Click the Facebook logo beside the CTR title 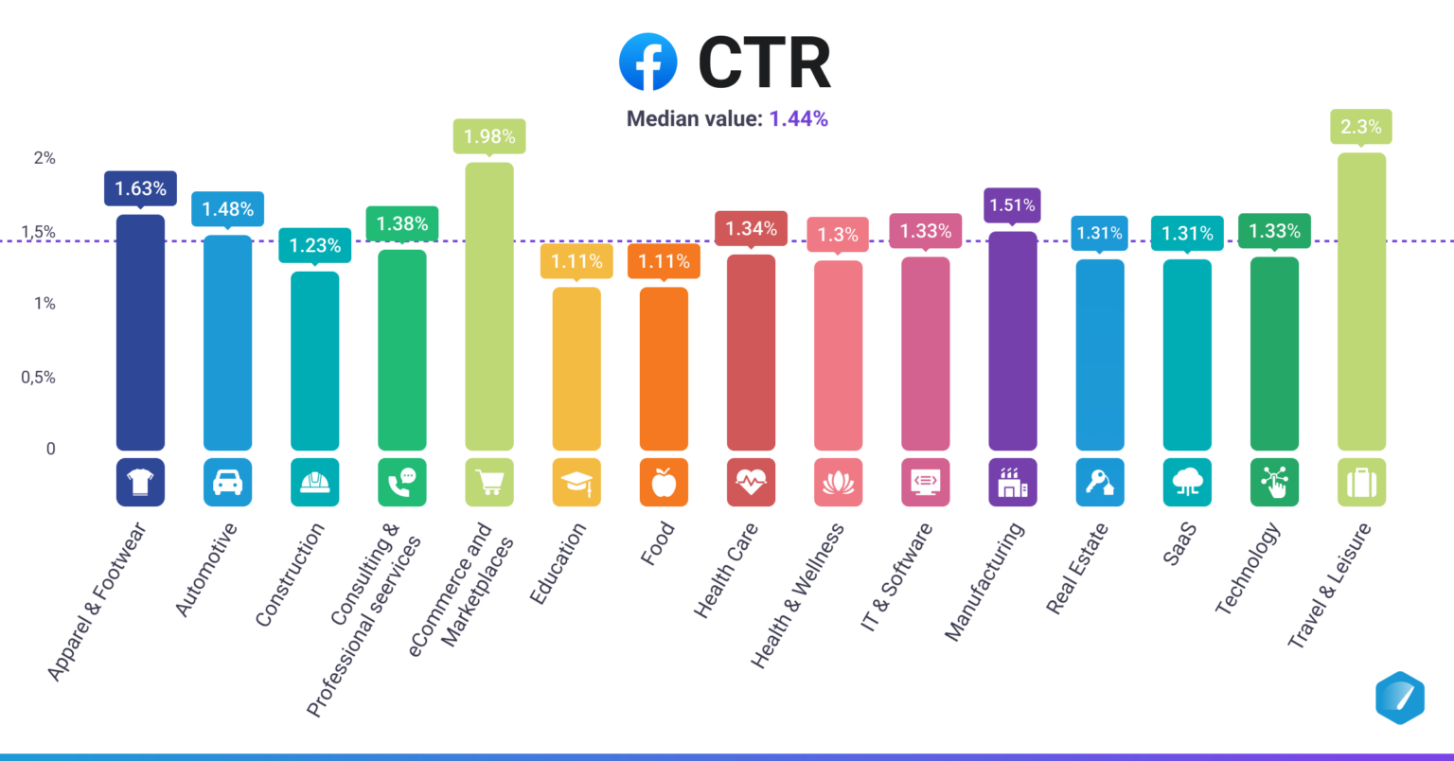click(x=647, y=62)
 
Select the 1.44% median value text click(x=798, y=118)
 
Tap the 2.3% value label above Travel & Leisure click(x=1360, y=127)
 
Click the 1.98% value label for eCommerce click(x=489, y=136)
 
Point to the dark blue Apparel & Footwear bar click(x=140, y=331)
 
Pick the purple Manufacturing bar click(x=1012, y=341)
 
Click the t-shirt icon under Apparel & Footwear click(x=140, y=483)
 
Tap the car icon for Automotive click(x=227, y=483)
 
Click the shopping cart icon click(x=489, y=483)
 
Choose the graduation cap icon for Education click(x=576, y=483)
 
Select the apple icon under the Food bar click(x=664, y=483)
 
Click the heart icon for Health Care click(x=751, y=483)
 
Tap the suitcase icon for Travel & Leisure click(x=1361, y=483)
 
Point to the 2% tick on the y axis click(x=44, y=158)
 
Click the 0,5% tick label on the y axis click(x=39, y=377)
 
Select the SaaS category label click(x=1179, y=544)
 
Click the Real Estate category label click(x=1077, y=569)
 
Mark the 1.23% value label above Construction click(x=314, y=245)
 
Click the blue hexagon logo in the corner click(x=1399, y=698)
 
